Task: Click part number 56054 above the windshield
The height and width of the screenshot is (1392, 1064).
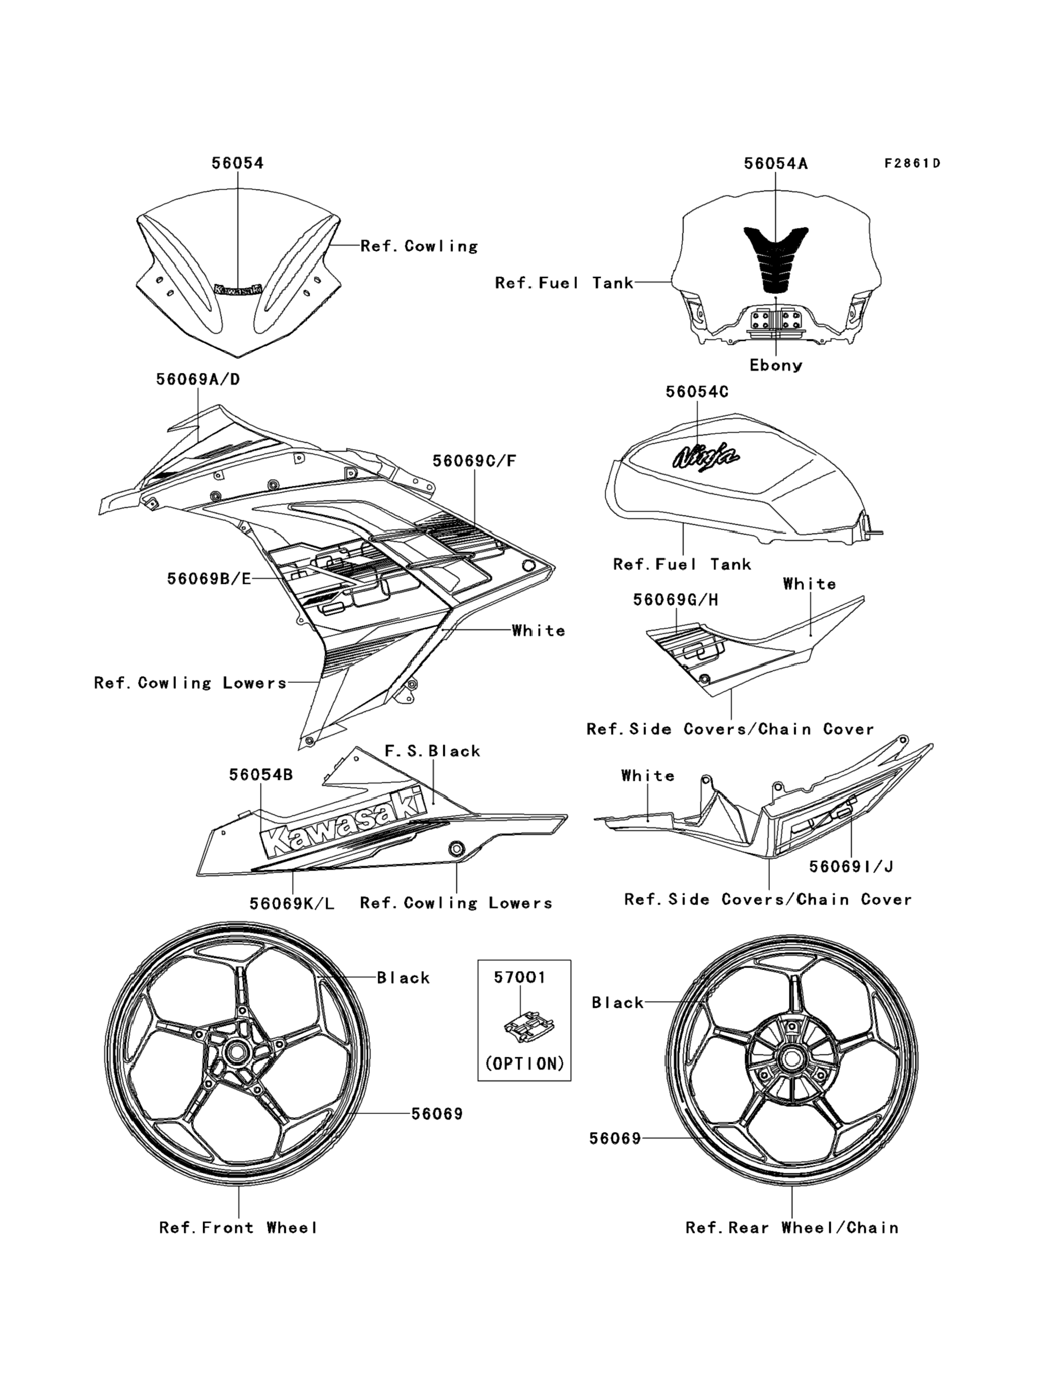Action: (237, 163)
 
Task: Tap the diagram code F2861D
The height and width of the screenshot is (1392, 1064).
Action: (912, 163)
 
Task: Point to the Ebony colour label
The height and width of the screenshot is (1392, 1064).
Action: (776, 365)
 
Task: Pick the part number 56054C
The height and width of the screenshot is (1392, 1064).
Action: (697, 392)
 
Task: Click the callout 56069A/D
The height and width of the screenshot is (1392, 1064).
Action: (198, 379)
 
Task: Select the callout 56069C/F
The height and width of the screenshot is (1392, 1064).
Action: (474, 461)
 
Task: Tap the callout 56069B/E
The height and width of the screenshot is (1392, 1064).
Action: (209, 579)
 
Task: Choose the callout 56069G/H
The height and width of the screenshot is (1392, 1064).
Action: (675, 599)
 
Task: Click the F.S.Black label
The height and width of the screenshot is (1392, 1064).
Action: (432, 751)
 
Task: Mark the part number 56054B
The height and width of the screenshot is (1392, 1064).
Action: (261, 775)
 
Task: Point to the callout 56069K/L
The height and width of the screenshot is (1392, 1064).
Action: (292, 903)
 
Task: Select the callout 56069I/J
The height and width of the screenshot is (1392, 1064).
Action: (851, 866)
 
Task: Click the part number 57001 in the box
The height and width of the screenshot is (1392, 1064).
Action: (519, 977)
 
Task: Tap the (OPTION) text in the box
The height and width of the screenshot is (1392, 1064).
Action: (524, 1063)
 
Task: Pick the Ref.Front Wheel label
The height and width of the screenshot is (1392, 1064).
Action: (238, 1228)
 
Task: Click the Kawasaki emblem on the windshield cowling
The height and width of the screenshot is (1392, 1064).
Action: (238, 289)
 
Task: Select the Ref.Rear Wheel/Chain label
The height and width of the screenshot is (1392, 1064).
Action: (792, 1228)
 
